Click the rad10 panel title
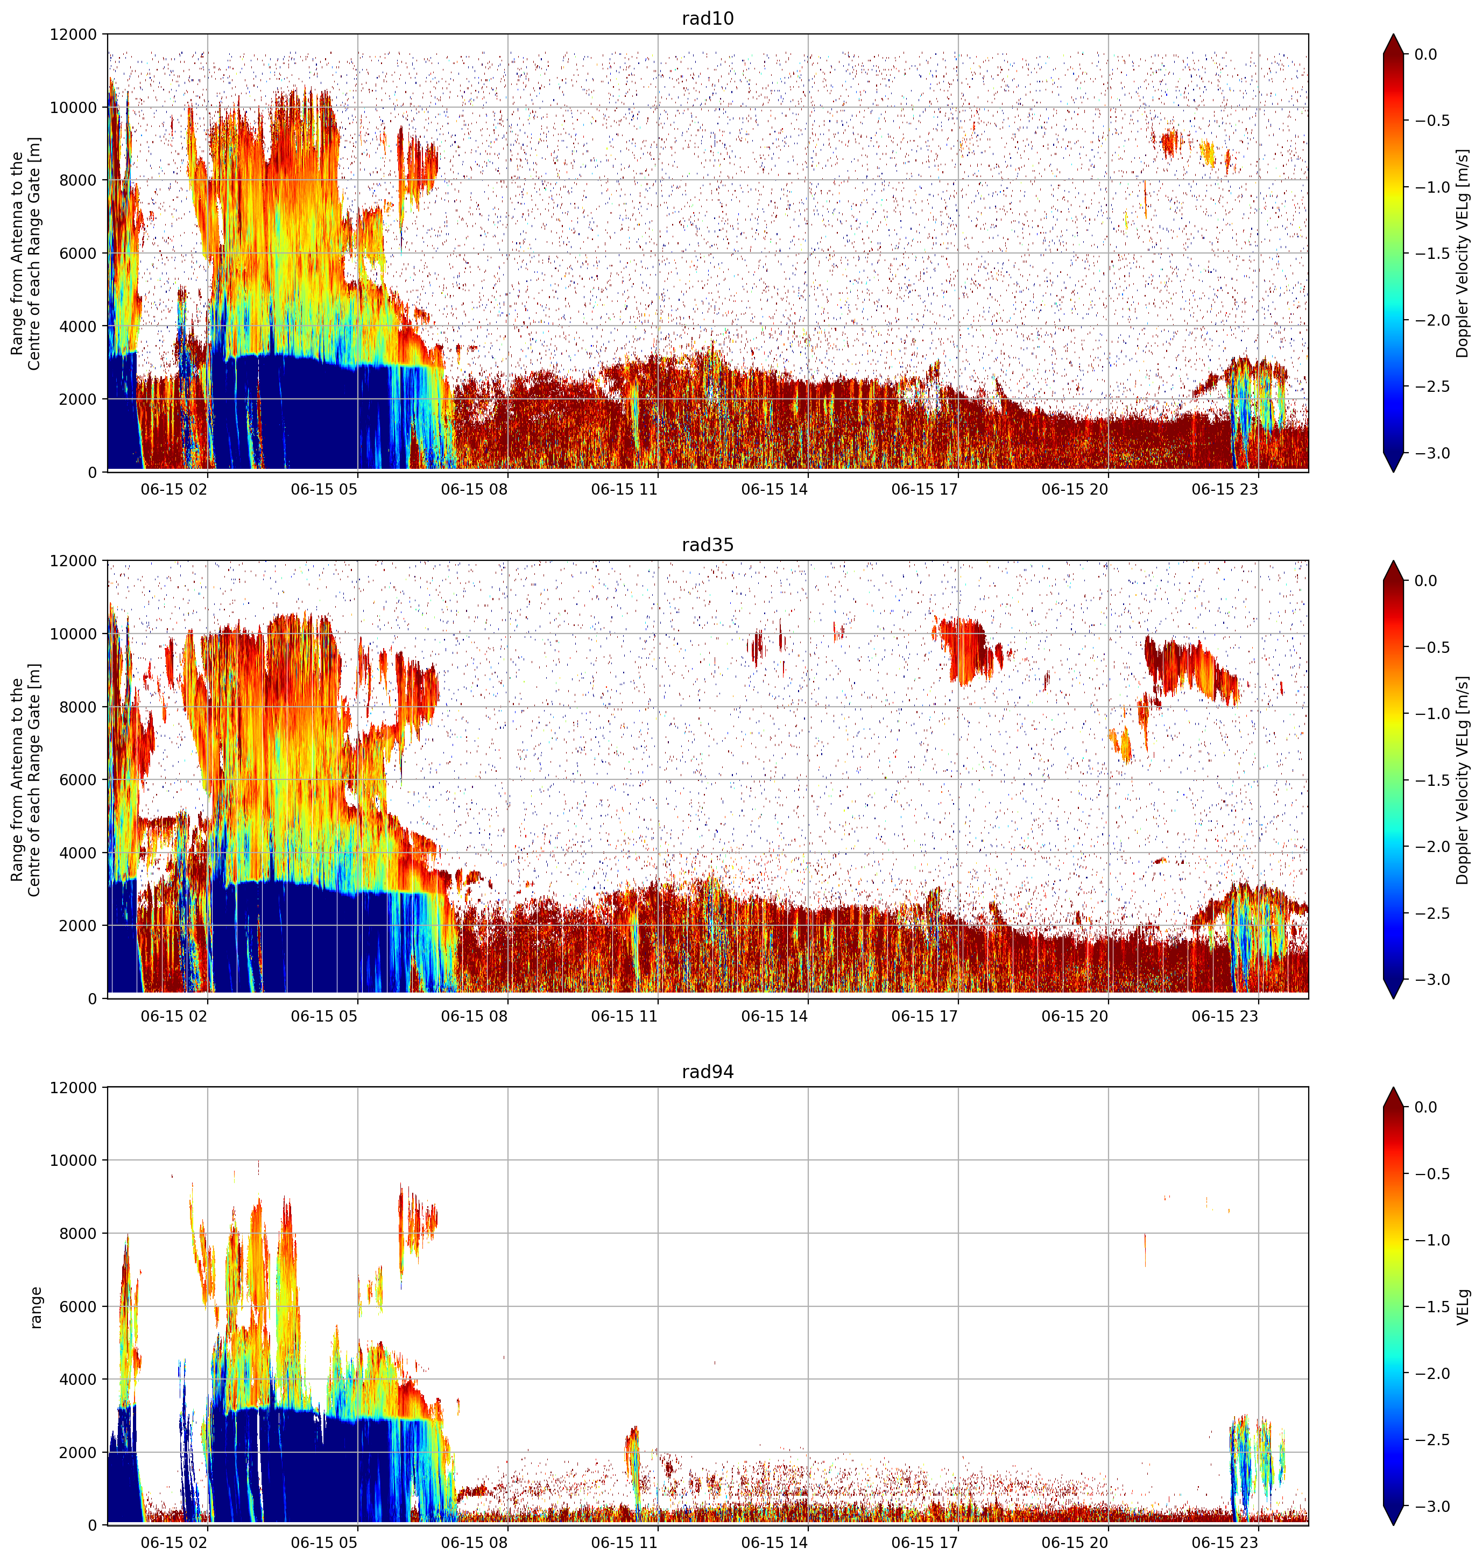click(x=707, y=18)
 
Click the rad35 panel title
click(x=707, y=544)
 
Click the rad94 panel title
click(x=707, y=1071)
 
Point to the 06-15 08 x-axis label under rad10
click(x=474, y=489)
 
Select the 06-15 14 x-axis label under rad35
click(x=774, y=1016)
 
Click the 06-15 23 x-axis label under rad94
click(x=1224, y=1542)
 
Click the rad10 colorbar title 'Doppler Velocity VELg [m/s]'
click(x=1463, y=253)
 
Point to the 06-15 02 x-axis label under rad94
click(x=174, y=1542)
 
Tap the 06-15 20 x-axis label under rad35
click(x=1075, y=1016)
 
